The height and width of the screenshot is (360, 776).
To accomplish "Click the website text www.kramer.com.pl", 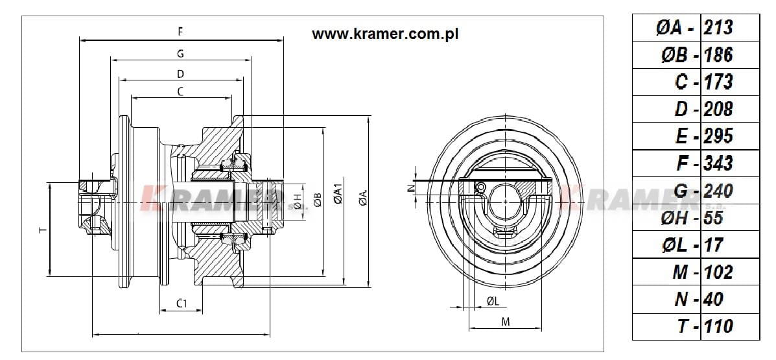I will coord(385,34).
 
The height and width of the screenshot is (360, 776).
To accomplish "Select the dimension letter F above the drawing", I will coord(180,30).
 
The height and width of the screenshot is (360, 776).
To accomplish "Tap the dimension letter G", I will coord(180,53).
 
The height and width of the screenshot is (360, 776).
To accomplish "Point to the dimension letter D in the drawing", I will coord(180,73).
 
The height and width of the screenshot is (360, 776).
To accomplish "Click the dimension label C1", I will coord(182,303).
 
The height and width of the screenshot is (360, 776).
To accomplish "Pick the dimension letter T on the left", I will coord(42,230).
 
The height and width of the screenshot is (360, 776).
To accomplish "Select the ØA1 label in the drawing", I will coord(337,195).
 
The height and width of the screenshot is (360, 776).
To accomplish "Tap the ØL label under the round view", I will coord(492,300).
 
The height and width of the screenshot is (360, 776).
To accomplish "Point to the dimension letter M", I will coord(506,322).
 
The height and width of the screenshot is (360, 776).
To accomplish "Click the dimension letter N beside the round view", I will coord(410,187).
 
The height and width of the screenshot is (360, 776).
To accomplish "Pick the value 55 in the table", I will coord(713,217).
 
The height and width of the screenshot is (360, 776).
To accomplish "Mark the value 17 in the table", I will coord(713,245).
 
